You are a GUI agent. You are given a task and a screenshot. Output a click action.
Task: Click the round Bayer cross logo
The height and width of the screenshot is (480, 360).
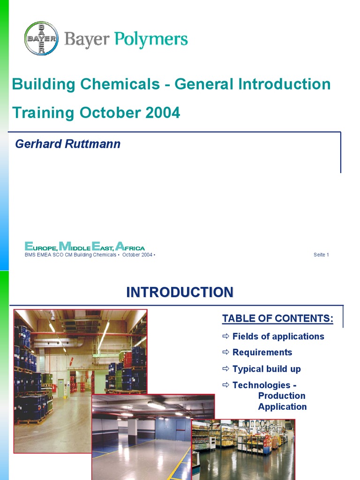point(41,38)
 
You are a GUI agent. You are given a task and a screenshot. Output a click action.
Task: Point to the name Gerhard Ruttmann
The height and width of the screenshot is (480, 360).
point(68,144)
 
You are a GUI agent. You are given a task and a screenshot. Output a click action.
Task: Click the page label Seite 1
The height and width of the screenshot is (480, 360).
point(321,255)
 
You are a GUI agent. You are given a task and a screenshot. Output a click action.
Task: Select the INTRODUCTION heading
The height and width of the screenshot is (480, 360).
point(180,292)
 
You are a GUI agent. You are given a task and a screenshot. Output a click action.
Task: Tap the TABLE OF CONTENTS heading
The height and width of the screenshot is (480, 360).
point(277,319)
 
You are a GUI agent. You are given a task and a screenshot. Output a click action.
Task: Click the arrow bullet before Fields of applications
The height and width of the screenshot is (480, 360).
point(225,336)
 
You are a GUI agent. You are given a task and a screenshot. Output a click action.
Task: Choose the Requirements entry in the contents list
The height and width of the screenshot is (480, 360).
point(262,352)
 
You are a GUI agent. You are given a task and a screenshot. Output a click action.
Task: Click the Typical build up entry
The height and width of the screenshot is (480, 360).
point(266,369)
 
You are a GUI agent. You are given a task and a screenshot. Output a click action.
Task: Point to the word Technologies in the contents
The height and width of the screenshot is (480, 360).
point(261,385)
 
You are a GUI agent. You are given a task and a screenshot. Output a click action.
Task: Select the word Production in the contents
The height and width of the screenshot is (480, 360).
point(282,396)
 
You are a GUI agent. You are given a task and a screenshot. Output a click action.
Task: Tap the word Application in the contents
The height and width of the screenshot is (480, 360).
point(282,406)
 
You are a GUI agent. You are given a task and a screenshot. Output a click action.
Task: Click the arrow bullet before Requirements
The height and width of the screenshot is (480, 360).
point(225,352)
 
